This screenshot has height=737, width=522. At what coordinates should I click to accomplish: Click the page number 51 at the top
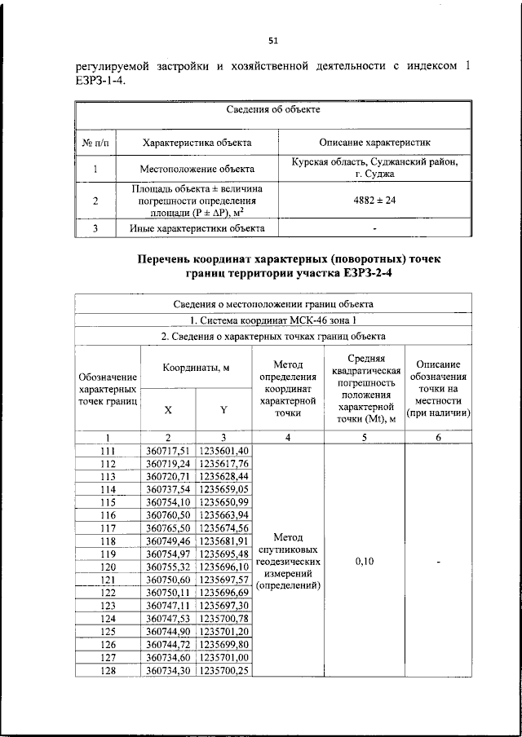click(272, 40)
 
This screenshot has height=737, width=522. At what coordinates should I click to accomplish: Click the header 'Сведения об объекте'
click(272, 108)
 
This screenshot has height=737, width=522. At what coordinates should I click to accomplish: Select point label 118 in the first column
click(108, 541)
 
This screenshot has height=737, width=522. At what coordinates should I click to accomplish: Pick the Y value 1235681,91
click(223, 541)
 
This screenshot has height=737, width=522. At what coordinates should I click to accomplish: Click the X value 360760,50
click(167, 515)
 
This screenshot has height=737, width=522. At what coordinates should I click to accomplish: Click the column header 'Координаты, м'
click(196, 368)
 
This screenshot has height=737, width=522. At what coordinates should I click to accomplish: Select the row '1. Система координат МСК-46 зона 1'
click(272, 320)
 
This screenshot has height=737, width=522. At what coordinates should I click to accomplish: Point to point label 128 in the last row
click(108, 670)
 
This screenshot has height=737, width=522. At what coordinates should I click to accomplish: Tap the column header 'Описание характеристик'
click(375, 142)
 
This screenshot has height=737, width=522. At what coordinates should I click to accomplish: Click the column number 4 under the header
click(288, 437)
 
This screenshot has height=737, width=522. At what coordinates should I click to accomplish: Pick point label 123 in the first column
click(108, 606)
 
